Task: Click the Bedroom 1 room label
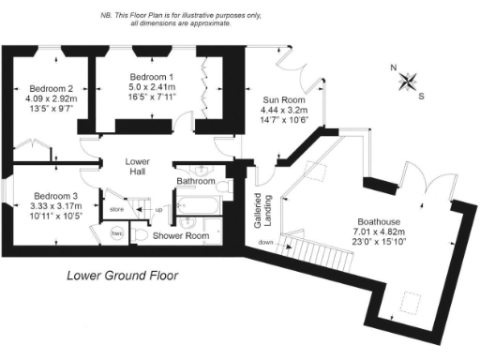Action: point(152,76)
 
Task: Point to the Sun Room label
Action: point(283,98)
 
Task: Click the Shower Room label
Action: point(181,236)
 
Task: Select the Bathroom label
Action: point(196,181)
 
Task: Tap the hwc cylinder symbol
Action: point(118,233)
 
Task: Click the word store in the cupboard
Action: point(116,208)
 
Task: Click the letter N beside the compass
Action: point(395,67)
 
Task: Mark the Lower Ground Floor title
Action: point(122,277)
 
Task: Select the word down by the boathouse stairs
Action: point(266,242)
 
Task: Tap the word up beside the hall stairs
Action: point(158,208)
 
